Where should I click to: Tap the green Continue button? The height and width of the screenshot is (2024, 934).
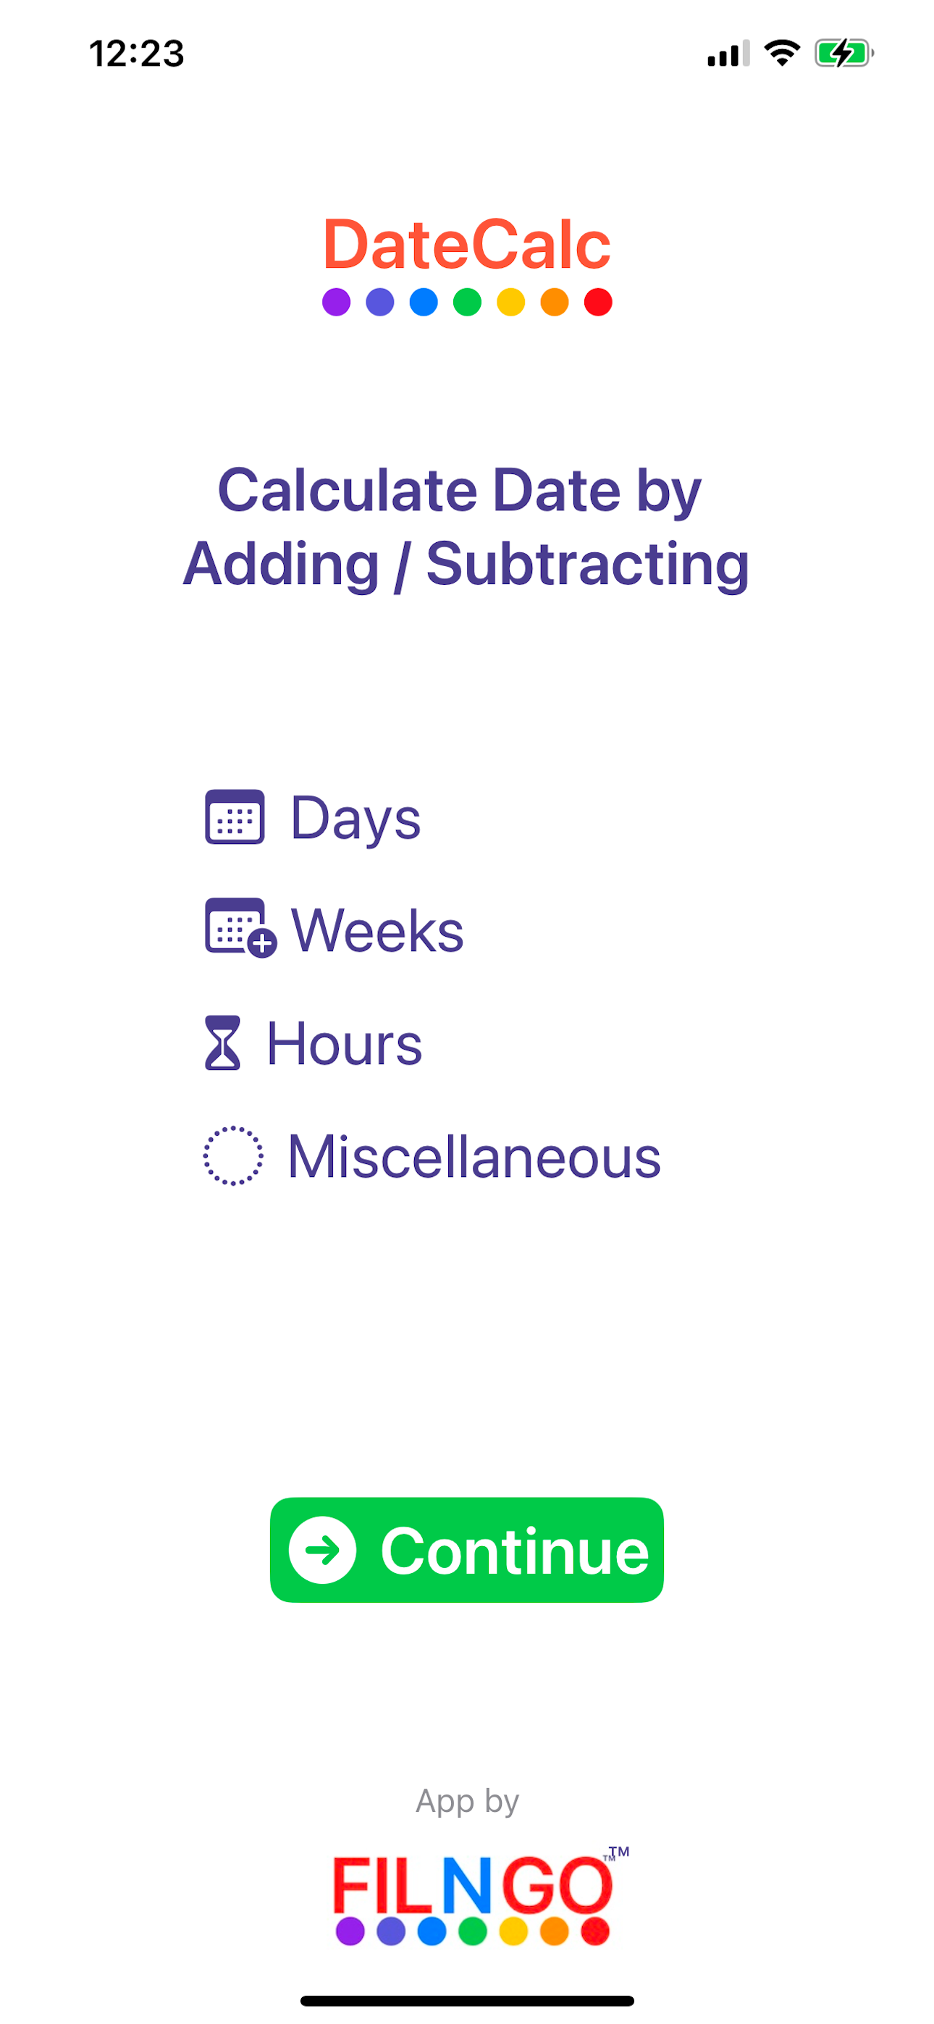point(466,1548)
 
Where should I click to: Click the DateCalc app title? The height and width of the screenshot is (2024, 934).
point(466,245)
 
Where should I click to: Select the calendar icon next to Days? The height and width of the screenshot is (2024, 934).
point(235,817)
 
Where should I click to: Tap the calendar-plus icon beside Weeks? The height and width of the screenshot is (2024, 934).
point(240,927)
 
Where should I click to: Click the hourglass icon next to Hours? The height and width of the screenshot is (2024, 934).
point(222,1042)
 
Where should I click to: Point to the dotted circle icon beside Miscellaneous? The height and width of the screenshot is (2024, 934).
point(232,1155)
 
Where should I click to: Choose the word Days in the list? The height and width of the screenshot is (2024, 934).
point(355,819)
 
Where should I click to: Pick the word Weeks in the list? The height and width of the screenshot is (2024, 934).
point(377,930)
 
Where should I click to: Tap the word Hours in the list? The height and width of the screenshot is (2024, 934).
point(345,1043)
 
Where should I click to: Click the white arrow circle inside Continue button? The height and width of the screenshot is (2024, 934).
point(322,1549)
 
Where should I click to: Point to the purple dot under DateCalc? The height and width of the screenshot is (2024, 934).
point(337,302)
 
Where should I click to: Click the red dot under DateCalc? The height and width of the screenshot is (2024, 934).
point(598,302)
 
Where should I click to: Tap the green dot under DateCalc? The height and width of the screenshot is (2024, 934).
point(467,302)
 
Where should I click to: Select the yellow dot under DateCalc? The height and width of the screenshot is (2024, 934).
point(511,302)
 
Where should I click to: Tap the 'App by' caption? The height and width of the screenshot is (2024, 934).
point(467,1800)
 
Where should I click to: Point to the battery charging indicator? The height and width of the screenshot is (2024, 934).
point(844,54)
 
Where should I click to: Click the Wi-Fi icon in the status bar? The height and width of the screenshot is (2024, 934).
point(782,53)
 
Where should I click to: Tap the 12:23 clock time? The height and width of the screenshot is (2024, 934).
point(137,54)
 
